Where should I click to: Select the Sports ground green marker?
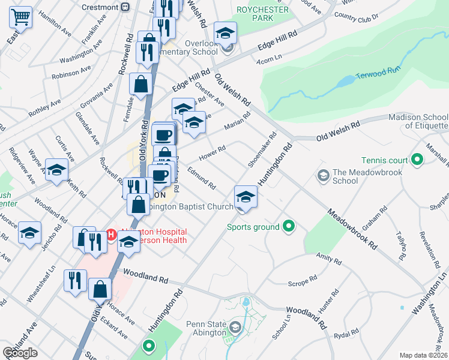(x=289, y=227)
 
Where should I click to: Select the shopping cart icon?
(x=20, y=17)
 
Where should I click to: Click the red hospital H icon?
(x=110, y=234)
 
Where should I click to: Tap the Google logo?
(x=20, y=352)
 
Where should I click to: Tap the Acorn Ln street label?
(x=270, y=57)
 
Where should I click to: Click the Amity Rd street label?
(x=328, y=259)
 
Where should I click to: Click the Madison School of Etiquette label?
(x=418, y=121)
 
